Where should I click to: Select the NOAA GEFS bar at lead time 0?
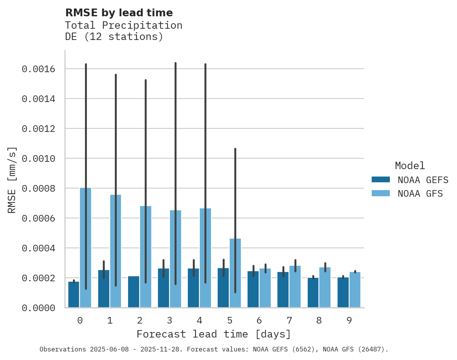point(74,295)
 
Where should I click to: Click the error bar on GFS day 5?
point(235,194)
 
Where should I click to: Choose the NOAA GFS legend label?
point(420,194)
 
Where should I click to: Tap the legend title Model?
point(410,166)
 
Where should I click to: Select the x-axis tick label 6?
point(259,320)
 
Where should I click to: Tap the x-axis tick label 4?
point(199,320)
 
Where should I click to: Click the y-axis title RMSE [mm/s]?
point(12,180)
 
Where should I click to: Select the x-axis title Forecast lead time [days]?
point(214,334)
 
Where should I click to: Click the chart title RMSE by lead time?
point(119,13)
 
